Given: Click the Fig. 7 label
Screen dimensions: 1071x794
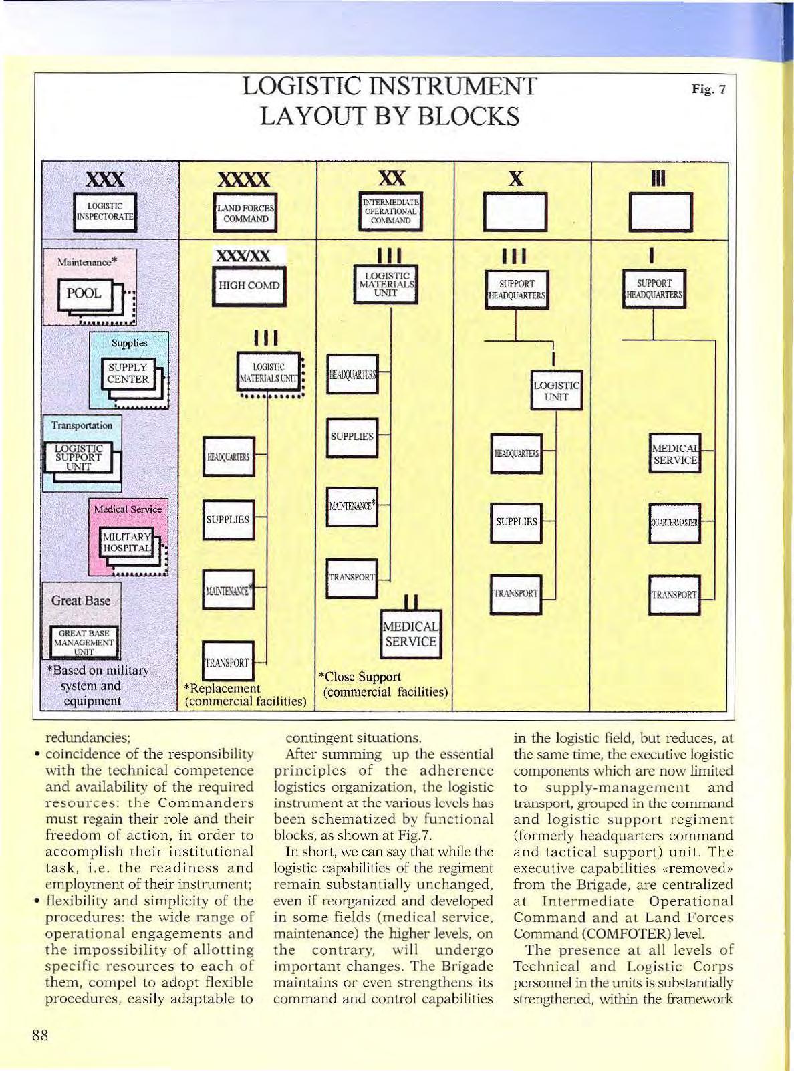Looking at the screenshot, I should [x=708, y=89].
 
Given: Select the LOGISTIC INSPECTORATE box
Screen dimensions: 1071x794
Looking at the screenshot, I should [x=105, y=211].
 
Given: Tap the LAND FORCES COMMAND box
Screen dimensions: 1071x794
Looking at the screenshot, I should [x=245, y=213].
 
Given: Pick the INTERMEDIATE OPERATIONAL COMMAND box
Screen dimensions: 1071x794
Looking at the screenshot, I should [x=390, y=211].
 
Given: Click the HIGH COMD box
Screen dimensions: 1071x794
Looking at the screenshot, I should [x=249, y=285].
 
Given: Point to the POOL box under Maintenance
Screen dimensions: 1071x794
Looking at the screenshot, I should [x=85, y=294].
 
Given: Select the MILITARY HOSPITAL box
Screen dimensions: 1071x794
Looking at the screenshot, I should [x=127, y=542].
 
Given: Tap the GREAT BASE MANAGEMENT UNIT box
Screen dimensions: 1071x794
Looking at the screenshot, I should [x=84, y=642].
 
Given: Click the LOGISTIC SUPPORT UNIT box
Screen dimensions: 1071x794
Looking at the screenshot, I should [x=79, y=458].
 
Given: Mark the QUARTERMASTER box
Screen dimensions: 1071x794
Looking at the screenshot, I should [x=674, y=523].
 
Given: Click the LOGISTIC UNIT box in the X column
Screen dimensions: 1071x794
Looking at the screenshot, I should [x=556, y=391].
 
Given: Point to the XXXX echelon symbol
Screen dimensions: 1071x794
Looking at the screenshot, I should [x=245, y=179].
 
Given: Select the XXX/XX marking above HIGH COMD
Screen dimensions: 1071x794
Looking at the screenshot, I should [x=243, y=256].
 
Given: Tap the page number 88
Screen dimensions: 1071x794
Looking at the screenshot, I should [x=40, y=1036].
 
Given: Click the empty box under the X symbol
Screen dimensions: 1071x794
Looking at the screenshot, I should [x=515, y=211].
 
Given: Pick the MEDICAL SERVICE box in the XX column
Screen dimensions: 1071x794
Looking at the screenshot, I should [x=410, y=634].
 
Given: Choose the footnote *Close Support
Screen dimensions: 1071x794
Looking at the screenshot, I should [x=362, y=677].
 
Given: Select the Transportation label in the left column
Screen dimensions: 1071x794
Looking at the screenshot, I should [x=82, y=425].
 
